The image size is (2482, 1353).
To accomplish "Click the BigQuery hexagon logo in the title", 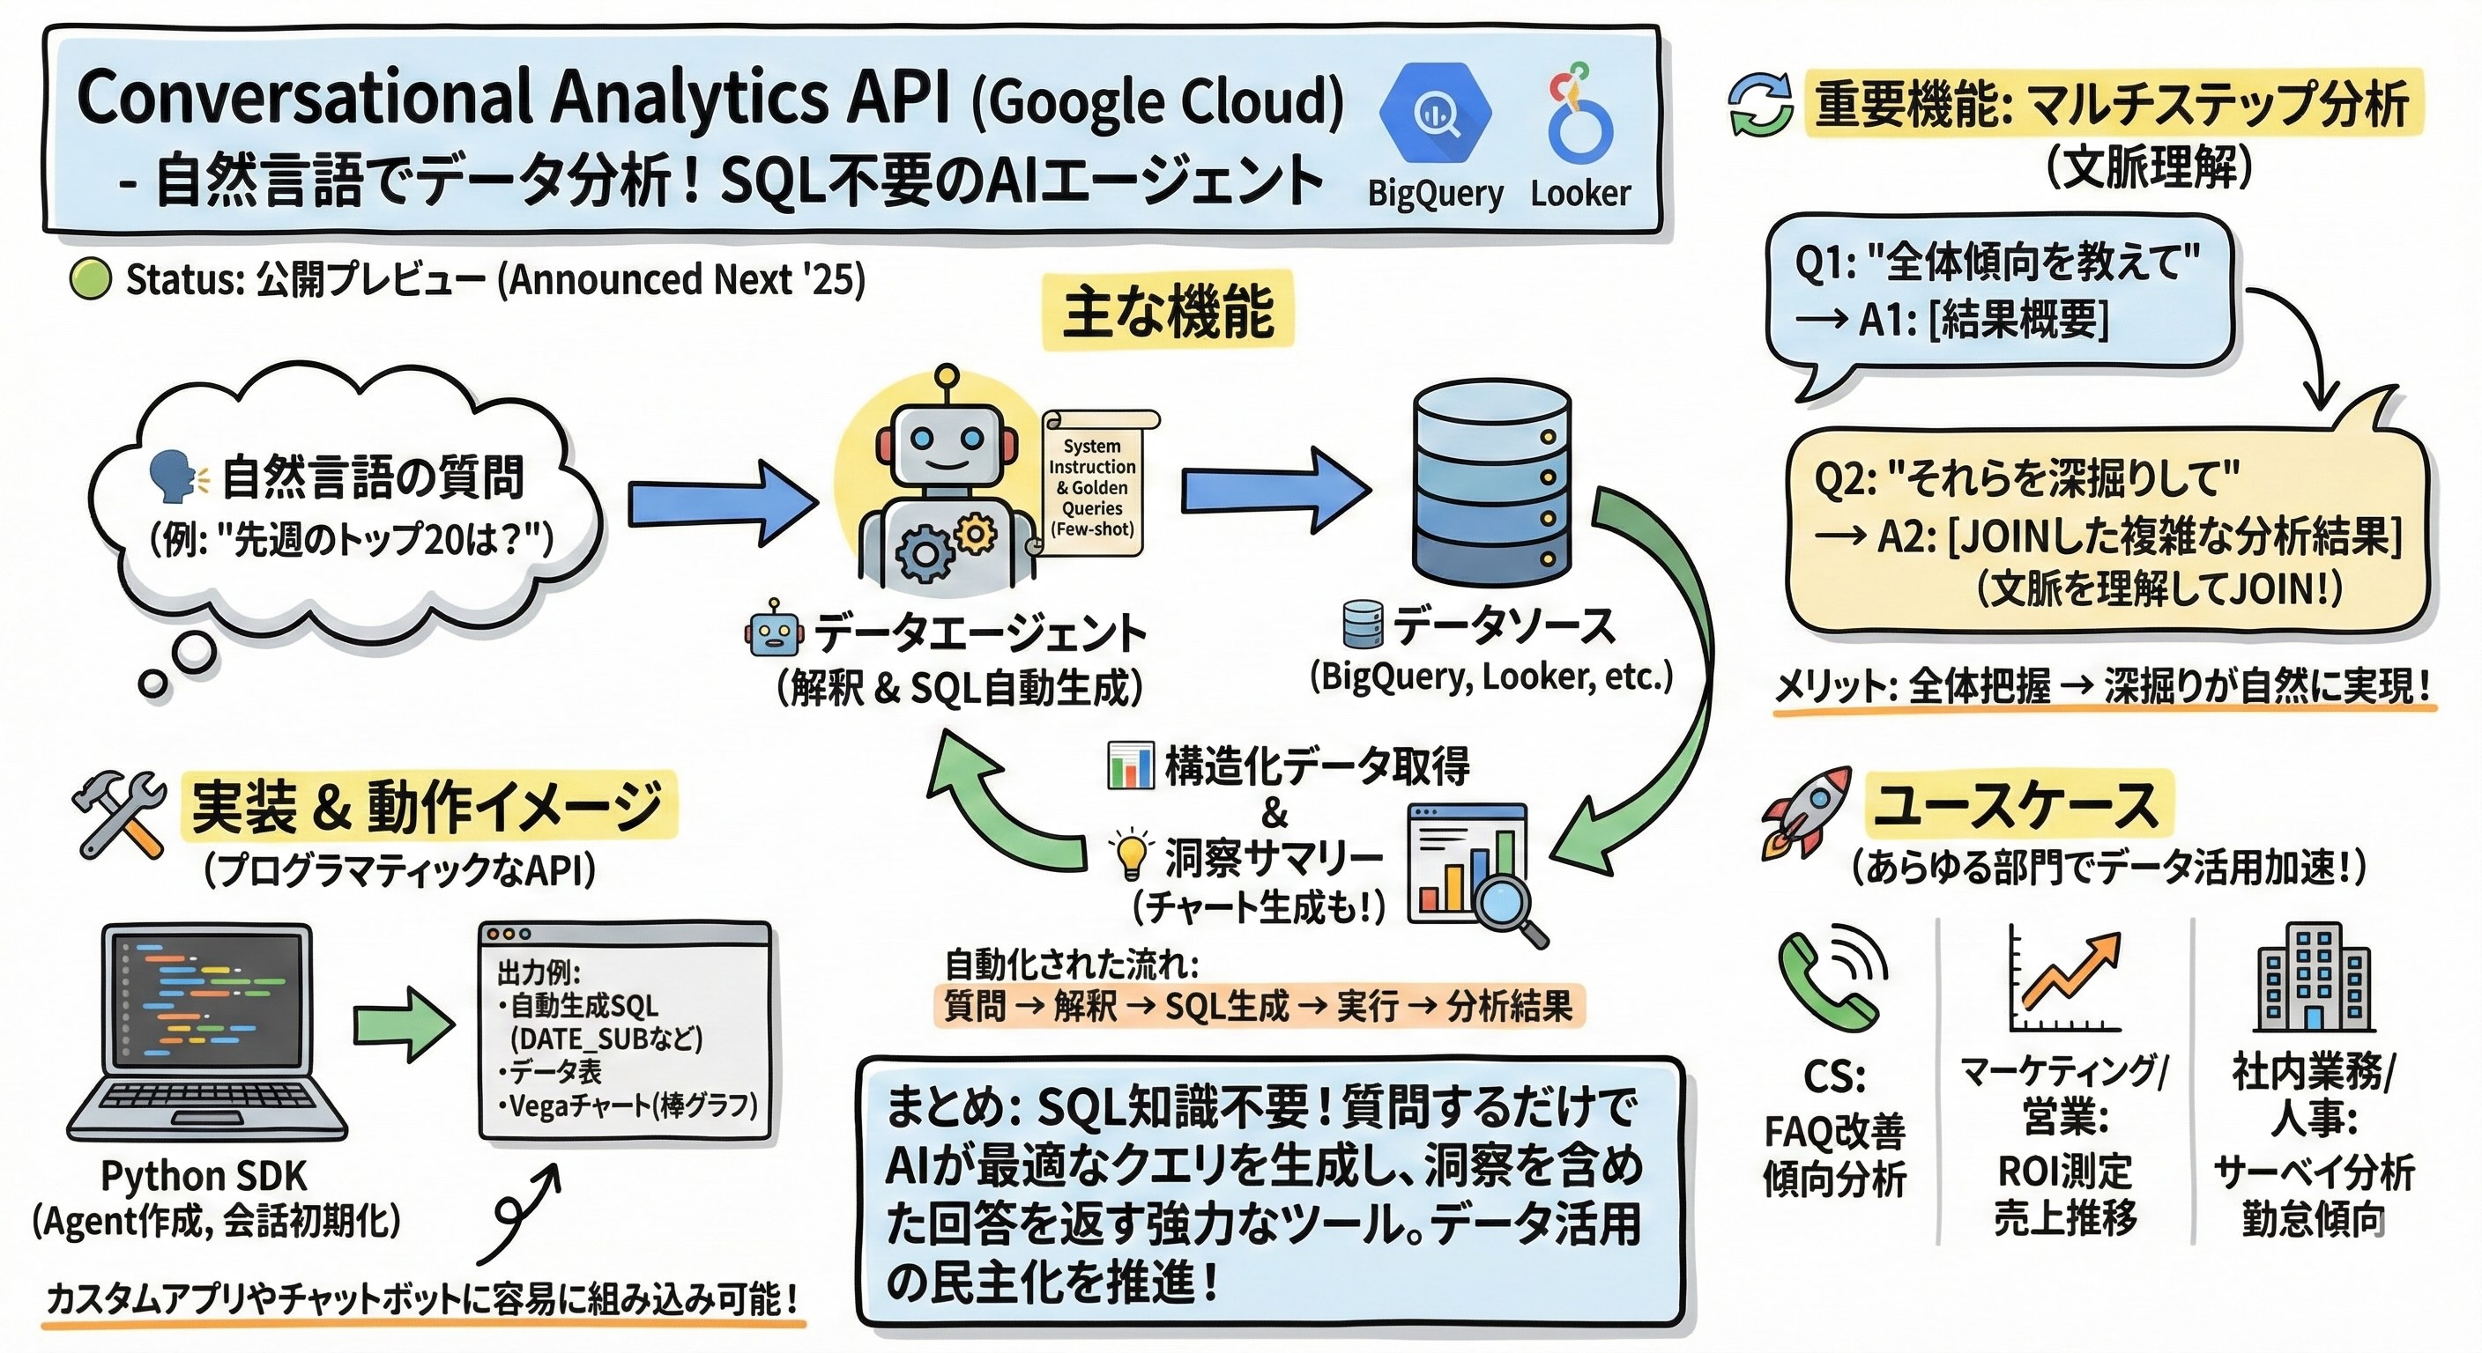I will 1435,114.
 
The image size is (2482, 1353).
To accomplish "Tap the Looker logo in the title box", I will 1580,115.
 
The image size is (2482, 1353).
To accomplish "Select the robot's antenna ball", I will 947,374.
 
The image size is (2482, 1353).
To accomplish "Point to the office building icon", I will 2315,979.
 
